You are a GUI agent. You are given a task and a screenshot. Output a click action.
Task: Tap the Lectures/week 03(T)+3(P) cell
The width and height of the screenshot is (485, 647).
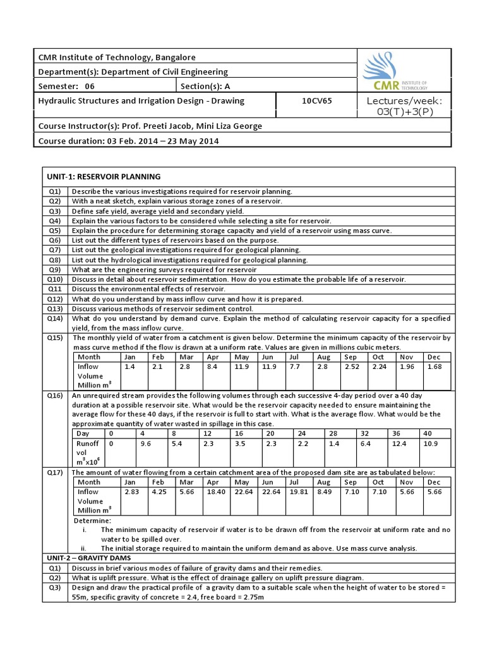coord(405,106)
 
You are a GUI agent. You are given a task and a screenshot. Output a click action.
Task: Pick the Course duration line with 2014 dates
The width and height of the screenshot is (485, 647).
coord(129,141)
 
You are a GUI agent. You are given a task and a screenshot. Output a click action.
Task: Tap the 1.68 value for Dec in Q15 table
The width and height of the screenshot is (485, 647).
coord(435,366)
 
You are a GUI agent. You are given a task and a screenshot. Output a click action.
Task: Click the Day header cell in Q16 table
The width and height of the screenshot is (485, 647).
coord(83,433)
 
